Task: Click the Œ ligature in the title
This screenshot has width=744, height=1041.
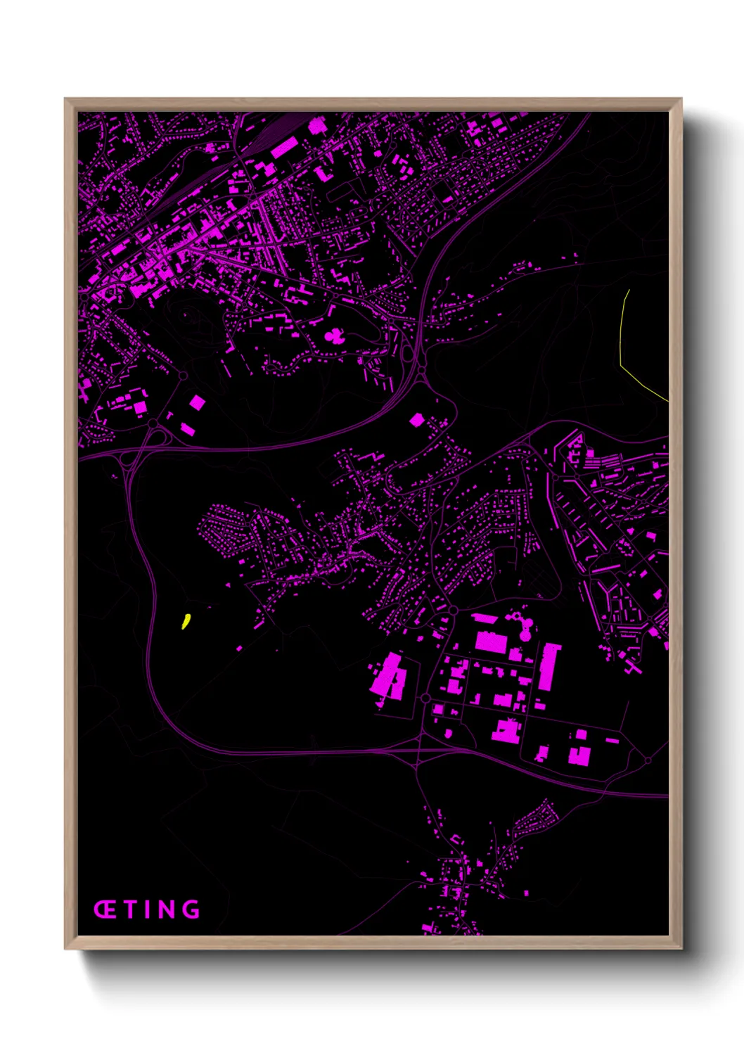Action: [105, 909]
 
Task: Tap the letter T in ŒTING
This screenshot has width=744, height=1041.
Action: [131, 909]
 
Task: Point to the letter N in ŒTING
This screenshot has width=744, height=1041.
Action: [166, 909]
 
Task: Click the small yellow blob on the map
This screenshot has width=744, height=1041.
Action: [186, 620]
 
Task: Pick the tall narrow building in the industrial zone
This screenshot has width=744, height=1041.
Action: [548, 668]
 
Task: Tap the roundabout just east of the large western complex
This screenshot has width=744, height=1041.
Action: [425, 698]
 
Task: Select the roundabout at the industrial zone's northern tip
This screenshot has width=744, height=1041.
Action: [454, 609]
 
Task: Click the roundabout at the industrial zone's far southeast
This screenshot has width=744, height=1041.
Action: [648, 760]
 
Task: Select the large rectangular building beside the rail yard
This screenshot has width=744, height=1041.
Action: [284, 148]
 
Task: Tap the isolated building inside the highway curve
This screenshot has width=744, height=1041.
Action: [417, 420]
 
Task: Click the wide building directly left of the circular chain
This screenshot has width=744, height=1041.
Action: [491, 641]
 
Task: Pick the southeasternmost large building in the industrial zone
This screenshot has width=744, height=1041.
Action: [579, 755]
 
